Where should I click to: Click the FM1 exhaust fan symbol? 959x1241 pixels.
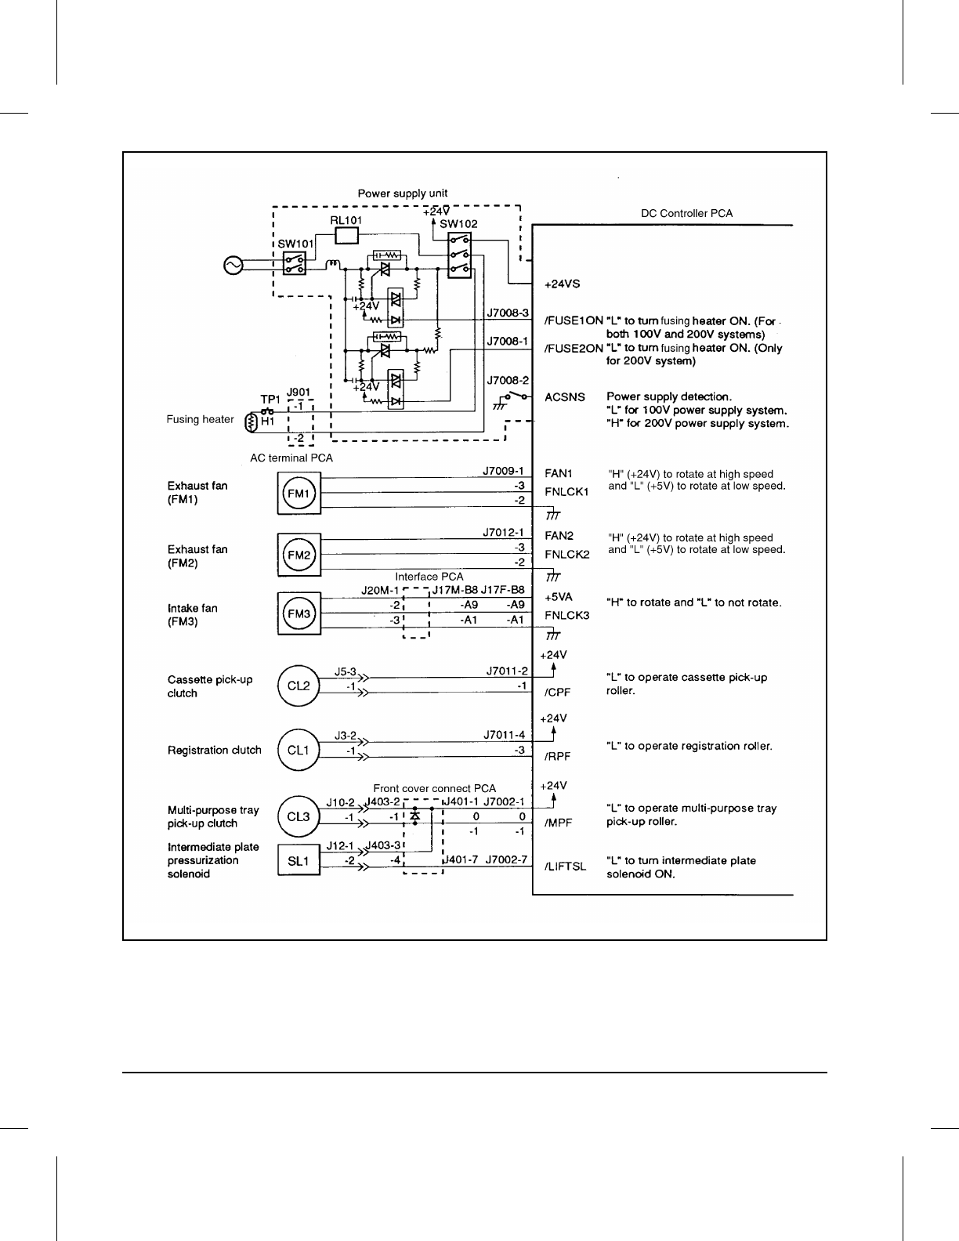coord(299,494)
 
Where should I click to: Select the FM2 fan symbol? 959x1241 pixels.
coord(299,555)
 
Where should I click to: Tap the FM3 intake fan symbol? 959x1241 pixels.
coord(299,613)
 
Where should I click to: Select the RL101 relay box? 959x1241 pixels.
coord(346,235)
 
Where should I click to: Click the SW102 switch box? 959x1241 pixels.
coord(460,254)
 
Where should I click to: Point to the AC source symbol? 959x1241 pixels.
coord(233,266)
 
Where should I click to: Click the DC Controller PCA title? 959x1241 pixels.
coord(686,213)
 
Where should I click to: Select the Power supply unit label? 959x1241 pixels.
coord(403,193)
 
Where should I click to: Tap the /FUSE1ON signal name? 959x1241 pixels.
coord(574,320)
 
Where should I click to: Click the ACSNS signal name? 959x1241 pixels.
coord(565,397)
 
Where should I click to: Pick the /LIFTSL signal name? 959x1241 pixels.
coord(566,867)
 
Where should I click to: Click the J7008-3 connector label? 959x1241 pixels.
coord(508,313)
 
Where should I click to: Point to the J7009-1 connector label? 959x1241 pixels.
coord(502,472)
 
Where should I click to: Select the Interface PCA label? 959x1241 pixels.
coord(429,577)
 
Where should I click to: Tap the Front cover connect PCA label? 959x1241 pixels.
coord(434,788)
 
